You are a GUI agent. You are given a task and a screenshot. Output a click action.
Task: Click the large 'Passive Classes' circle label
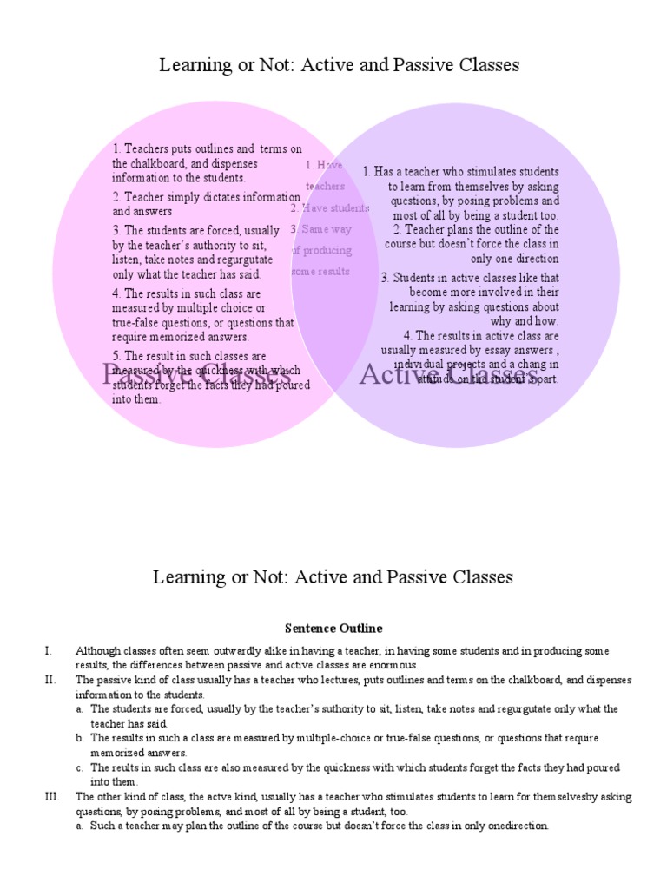(195, 375)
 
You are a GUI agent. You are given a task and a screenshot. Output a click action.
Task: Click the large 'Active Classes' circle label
(448, 375)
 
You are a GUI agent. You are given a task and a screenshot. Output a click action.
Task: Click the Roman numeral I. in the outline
(49, 650)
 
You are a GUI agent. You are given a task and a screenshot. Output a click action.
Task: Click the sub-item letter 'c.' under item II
(80, 767)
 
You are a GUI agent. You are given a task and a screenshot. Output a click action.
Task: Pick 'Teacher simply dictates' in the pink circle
(182, 197)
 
